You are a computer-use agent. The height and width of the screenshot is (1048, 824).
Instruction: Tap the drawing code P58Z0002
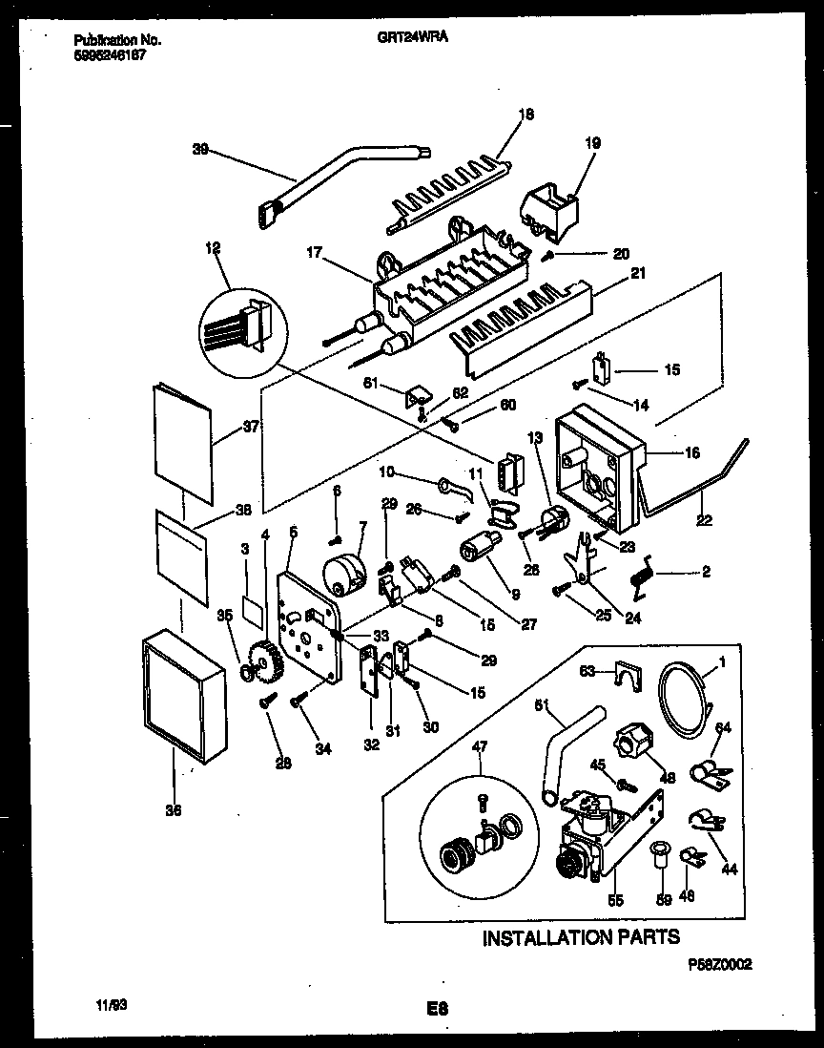tap(720, 965)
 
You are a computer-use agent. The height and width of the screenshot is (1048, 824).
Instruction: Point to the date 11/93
tap(112, 1005)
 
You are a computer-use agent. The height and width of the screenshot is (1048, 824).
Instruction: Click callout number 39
tap(200, 150)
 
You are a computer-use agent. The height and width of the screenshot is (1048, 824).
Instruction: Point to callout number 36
tap(172, 811)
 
